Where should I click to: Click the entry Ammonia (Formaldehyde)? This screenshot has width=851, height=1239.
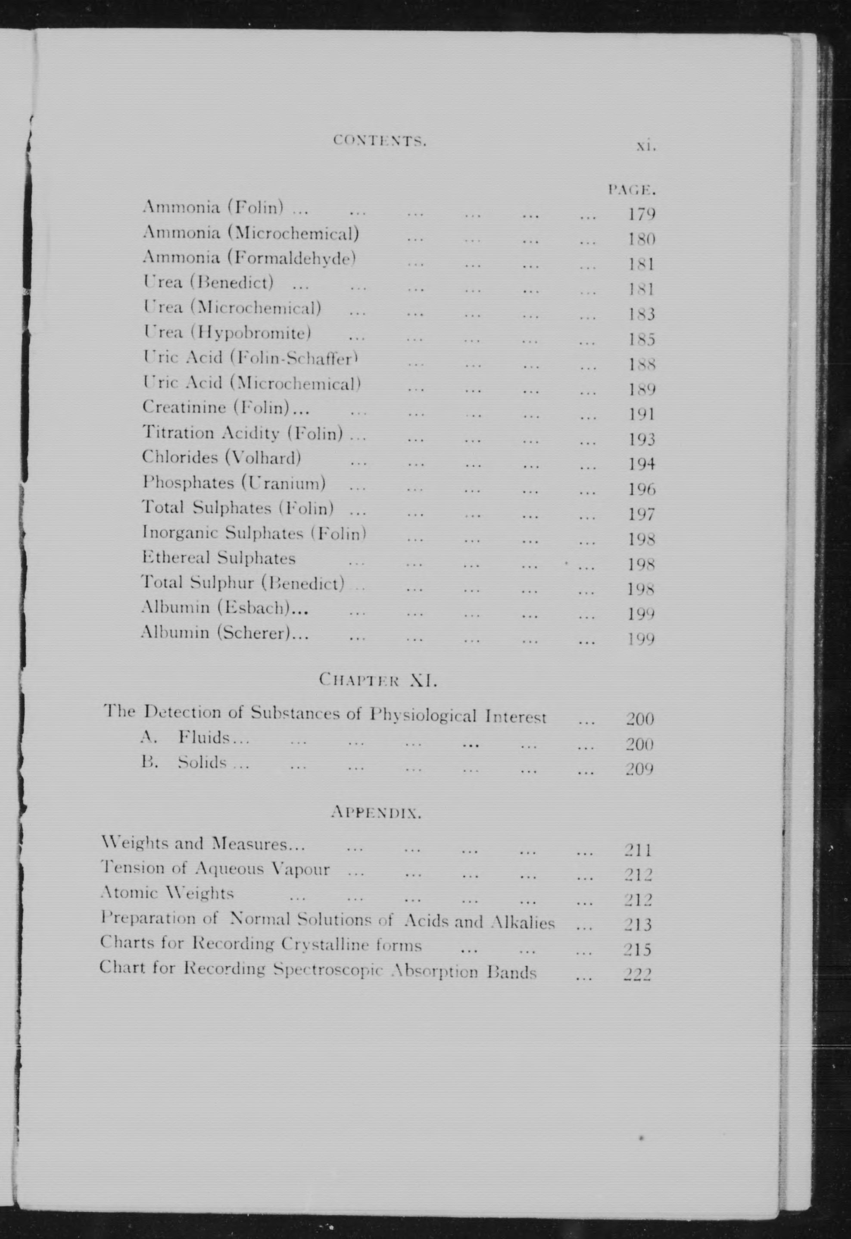point(249,258)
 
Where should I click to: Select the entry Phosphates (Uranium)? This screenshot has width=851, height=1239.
point(234,483)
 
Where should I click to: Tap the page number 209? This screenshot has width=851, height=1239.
point(640,769)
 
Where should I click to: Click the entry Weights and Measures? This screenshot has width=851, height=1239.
point(203,844)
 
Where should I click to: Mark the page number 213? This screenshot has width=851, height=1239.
point(638,924)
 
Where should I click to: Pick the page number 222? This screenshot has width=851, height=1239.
point(638,974)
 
